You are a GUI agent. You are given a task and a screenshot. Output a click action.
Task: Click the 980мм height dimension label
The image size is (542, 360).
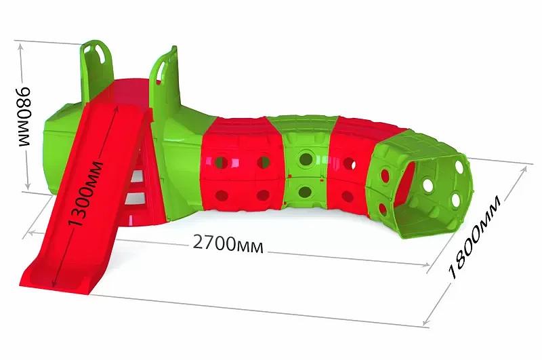(x=23, y=116)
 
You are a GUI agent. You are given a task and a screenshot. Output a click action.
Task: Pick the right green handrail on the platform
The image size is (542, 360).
(x=160, y=68)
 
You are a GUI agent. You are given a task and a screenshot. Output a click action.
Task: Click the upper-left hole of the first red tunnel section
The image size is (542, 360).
(x=220, y=163)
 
